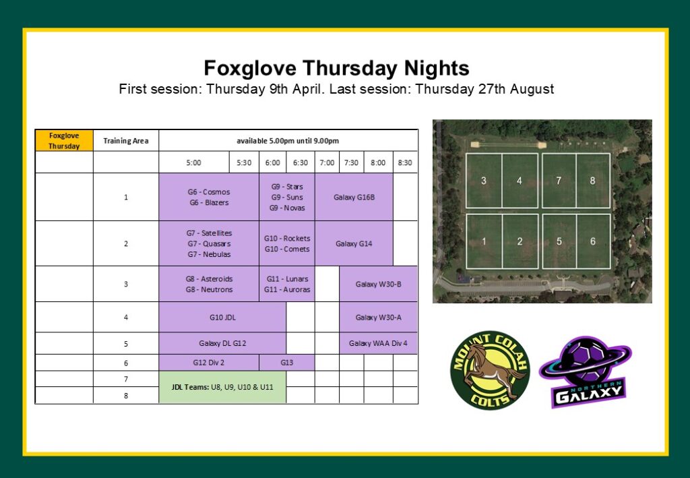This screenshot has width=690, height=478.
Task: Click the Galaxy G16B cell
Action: [x=354, y=197]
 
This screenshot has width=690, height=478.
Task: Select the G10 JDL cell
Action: [x=222, y=317]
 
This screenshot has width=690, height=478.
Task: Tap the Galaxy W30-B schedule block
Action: [x=379, y=284]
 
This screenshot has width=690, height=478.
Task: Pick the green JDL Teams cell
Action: [x=222, y=388]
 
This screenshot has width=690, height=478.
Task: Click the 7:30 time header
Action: [x=351, y=162]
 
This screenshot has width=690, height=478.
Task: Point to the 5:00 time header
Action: [x=193, y=162]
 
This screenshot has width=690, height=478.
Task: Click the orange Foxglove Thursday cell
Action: [x=64, y=141]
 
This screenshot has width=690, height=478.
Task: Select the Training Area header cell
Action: [x=126, y=141]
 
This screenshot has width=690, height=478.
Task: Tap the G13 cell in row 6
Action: [x=287, y=363]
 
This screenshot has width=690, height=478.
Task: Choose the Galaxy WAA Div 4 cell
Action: [x=379, y=343]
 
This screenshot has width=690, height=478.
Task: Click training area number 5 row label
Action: [x=126, y=343]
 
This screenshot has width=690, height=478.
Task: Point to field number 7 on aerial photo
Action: [x=559, y=181]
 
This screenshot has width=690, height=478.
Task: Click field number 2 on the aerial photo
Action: [x=520, y=241]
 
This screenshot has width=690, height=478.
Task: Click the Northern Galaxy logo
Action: [x=586, y=372]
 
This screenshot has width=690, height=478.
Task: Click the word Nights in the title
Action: [x=437, y=69]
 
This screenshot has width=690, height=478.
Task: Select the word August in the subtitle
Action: [x=532, y=89]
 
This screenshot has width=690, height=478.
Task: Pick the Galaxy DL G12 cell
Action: [x=222, y=343]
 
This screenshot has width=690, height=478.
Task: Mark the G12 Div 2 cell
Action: [x=209, y=363]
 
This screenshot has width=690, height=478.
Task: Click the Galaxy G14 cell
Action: [x=354, y=243]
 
